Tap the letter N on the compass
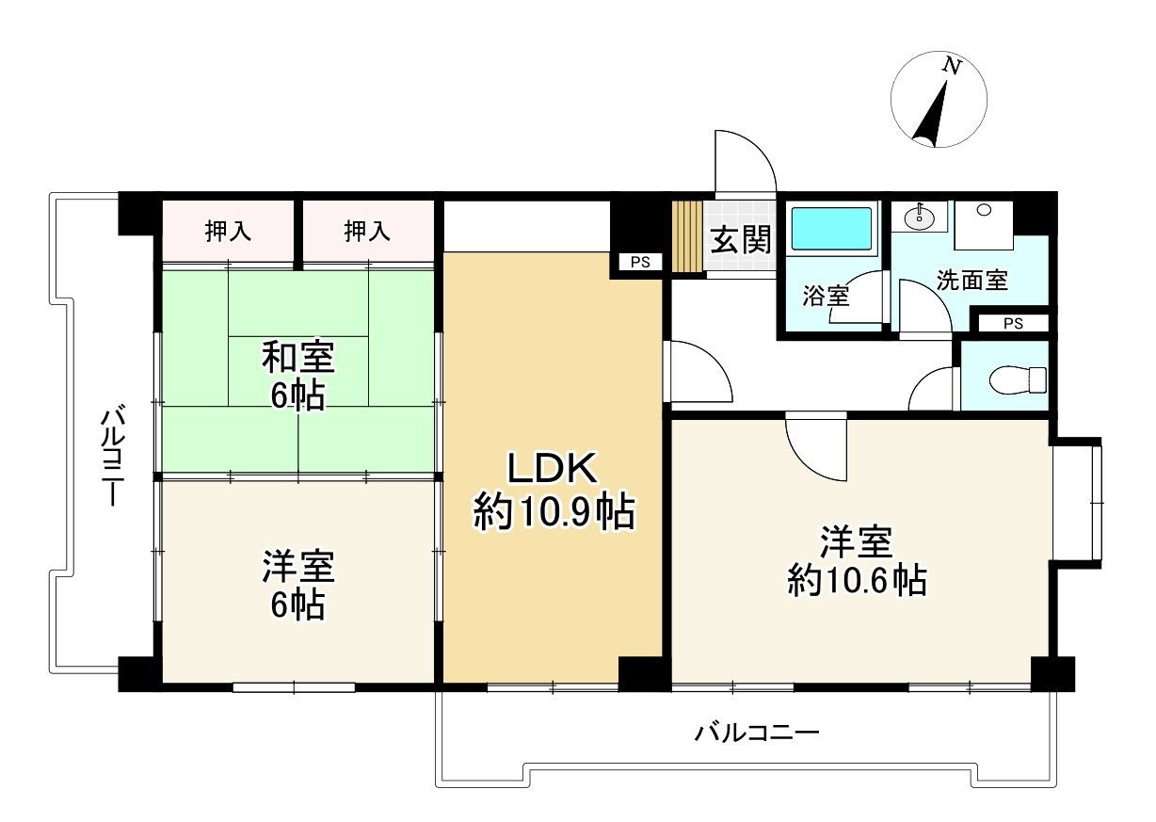pos(954,66)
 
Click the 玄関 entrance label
pos(740,241)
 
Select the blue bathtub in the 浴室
pos(831,227)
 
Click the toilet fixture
pos(1018,379)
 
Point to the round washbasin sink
pos(918,218)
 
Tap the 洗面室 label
pos(972,280)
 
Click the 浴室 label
pos(826,296)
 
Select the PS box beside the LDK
pos(640,263)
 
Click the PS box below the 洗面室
pos(1012,324)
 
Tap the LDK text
pos(553,468)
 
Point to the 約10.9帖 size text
pos(553,513)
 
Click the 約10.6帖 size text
pos(857,581)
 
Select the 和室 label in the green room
pos(297,359)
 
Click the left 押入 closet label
pos(229,232)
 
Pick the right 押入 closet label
pos(367,232)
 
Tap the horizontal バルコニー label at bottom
pos(758,732)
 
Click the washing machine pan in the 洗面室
pos(983,224)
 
